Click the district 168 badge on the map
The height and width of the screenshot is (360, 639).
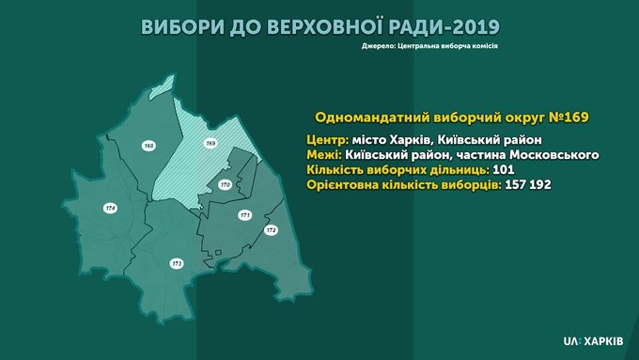(x=149, y=146)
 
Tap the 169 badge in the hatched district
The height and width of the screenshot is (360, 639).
(x=210, y=143)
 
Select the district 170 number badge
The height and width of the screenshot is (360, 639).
(x=225, y=184)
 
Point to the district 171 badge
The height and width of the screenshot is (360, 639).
(x=245, y=215)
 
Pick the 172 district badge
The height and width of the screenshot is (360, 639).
(x=271, y=230)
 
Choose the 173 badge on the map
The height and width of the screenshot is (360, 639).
(x=177, y=264)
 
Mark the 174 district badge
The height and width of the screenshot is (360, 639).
(x=111, y=208)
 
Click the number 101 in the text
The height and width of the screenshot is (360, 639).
(x=504, y=169)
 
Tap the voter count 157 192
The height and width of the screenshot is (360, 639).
(x=528, y=184)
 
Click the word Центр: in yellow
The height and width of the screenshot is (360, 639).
(x=327, y=140)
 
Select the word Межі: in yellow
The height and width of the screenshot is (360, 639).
(x=324, y=155)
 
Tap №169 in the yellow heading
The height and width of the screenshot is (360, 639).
(x=569, y=117)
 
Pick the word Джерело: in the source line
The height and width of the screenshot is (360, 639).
(x=378, y=46)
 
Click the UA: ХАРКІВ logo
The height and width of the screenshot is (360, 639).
(x=593, y=341)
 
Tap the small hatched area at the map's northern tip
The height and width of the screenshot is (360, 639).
(x=163, y=88)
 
